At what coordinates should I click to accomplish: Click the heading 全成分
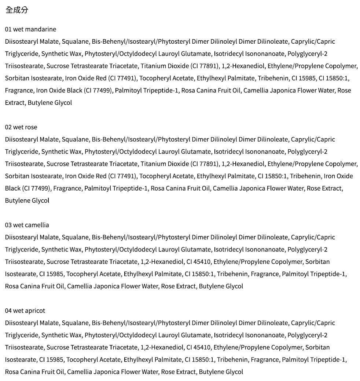[x=16, y=10]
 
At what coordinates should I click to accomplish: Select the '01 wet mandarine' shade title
[x=30, y=29]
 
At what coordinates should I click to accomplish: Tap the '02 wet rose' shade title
[x=21, y=127]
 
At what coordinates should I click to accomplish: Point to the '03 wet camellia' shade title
[x=27, y=225]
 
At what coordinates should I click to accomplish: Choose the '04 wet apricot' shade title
[x=25, y=311]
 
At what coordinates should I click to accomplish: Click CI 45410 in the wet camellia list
[x=198, y=262]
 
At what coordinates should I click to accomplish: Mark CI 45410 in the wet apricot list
[x=198, y=347]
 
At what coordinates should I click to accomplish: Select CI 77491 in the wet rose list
[x=122, y=176]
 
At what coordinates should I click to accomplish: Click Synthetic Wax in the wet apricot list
[x=61, y=335]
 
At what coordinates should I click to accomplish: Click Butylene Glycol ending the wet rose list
[x=27, y=201]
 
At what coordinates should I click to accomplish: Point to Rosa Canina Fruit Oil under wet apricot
[x=35, y=372]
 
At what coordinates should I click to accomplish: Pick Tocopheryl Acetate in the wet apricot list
[x=93, y=360]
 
